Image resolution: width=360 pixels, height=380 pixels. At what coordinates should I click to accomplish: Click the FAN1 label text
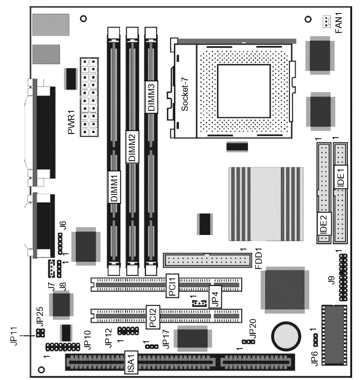tap(339, 23)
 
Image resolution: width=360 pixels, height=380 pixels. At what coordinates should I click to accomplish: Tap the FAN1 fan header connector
tap(327, 21)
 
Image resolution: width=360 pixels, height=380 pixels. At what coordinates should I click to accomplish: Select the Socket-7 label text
tap(185, 93)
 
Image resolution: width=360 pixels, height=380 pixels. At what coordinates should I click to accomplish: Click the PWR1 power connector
tap(89, 97)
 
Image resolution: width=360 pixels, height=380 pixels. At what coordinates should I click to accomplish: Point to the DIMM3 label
tap(151, 97)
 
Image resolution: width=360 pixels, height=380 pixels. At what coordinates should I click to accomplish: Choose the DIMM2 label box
tap(132, 147)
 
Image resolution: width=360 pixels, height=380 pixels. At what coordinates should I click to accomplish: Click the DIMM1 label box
tap(114, 187)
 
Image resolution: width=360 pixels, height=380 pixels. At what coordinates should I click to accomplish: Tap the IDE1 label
tap(341, 177)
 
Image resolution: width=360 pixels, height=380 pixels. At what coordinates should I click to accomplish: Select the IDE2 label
tap(324, 223)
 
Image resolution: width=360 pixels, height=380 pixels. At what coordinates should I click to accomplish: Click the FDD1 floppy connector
tap(207, 260)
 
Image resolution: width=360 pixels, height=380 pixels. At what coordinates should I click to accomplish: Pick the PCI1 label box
tap(172, 286)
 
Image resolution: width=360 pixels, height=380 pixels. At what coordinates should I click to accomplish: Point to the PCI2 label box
tap(153, 317)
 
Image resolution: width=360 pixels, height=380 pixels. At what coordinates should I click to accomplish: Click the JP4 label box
tap(215, 296)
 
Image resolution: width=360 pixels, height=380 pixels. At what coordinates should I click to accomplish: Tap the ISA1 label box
tap(131, 362)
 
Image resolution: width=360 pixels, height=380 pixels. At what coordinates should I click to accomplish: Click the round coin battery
tap(286, 337)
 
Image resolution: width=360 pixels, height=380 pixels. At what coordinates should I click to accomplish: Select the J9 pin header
tap(343, 277)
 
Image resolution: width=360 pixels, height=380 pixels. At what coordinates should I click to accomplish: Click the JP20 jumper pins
tap(249, 341)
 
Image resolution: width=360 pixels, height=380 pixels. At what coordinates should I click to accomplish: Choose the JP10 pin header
tap(63, 347)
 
